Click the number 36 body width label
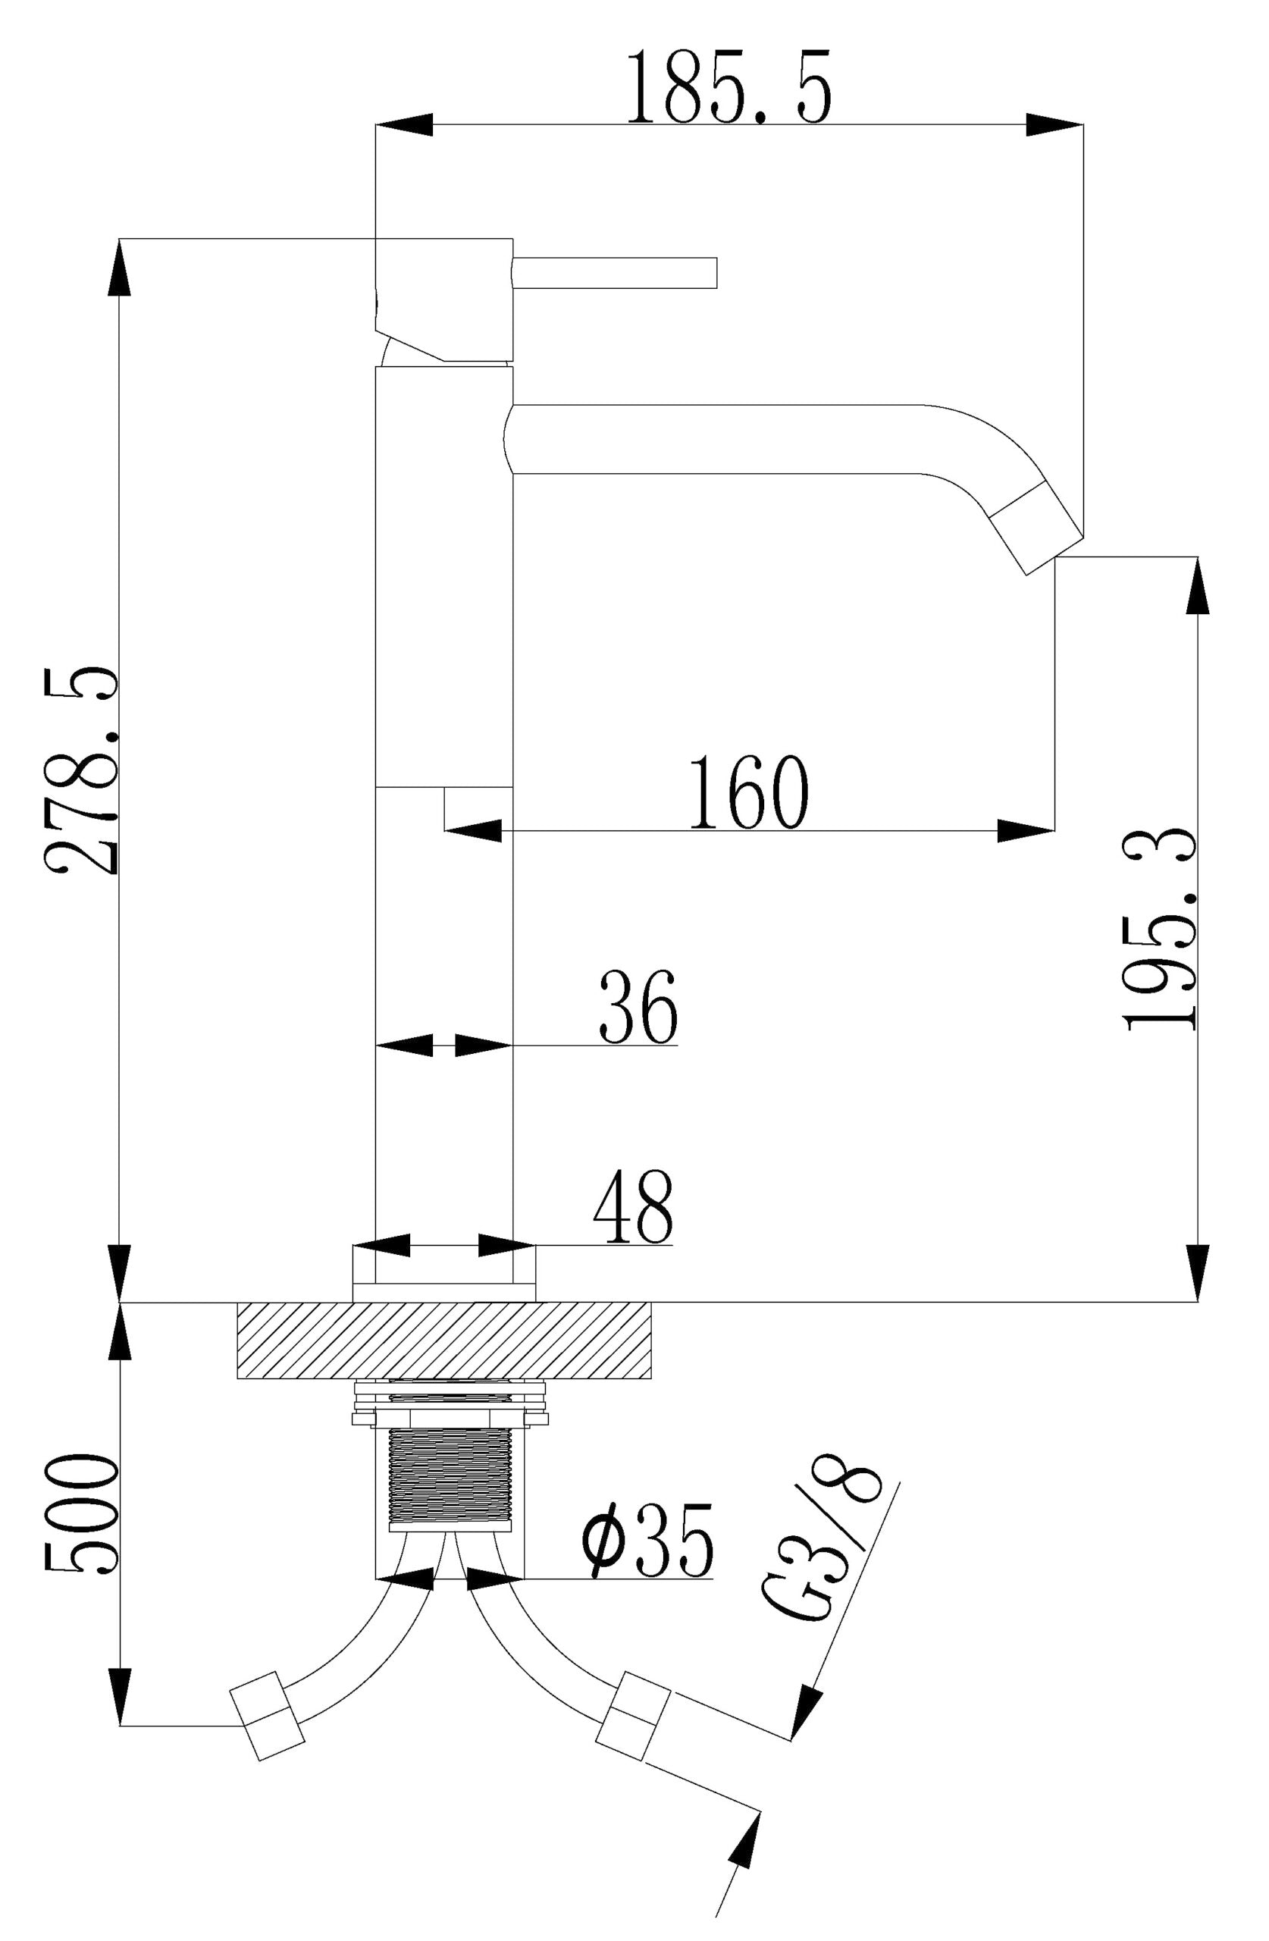(x=638, y=1007)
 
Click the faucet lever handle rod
(x=614, y=272)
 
